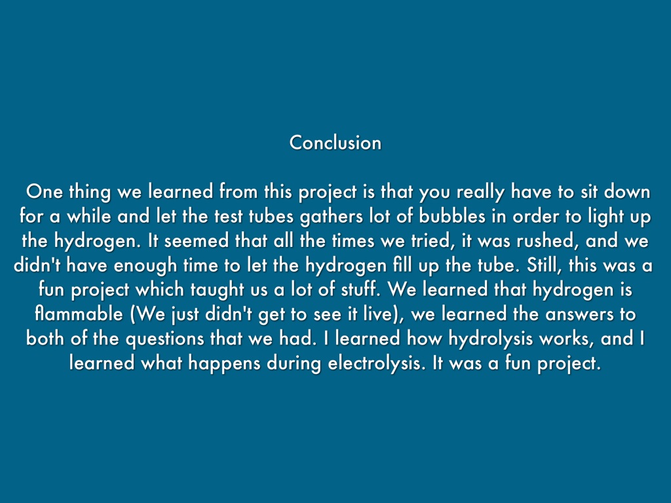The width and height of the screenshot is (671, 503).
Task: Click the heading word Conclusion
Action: (335, 142)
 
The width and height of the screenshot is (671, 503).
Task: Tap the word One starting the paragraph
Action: (45, 192)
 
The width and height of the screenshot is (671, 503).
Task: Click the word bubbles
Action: (452, 216)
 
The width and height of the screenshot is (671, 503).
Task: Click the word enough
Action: (145, 266)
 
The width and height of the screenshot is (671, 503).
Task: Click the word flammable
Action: (79, 314)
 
